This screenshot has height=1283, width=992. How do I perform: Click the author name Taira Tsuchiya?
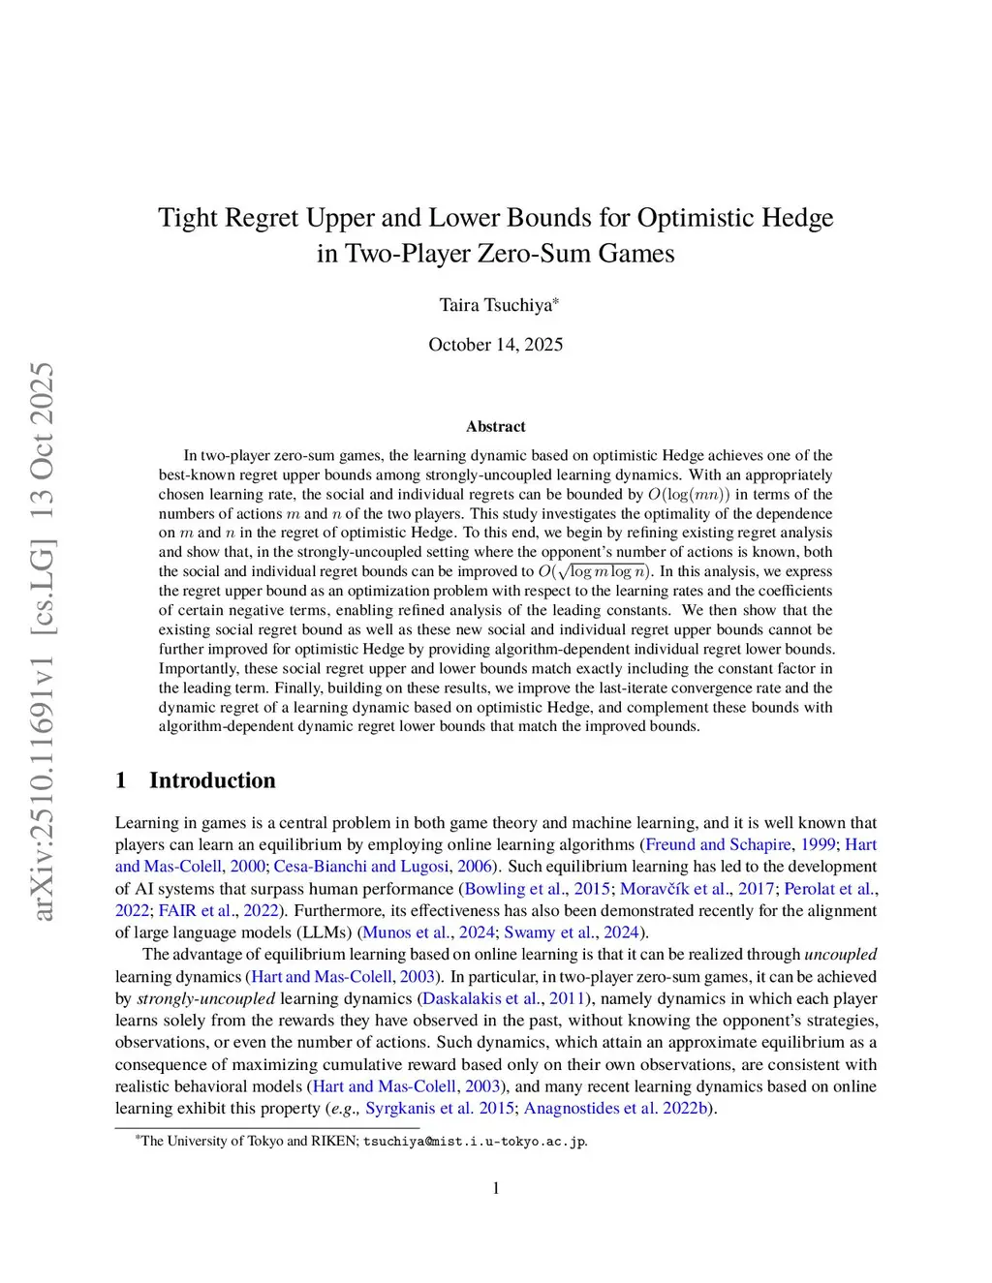pos(497,305)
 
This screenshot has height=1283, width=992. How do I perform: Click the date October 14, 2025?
pos(495,345)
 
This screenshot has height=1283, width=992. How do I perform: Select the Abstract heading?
pos(495,426)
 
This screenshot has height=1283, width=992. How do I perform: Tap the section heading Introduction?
pos(211,780)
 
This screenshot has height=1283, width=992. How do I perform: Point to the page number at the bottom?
pos(496,1188)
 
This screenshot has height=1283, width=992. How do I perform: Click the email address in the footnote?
pos(475,1141)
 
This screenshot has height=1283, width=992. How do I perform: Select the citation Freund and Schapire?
pos(718,844)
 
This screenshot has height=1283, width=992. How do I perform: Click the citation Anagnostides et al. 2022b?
pos(616,1108)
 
